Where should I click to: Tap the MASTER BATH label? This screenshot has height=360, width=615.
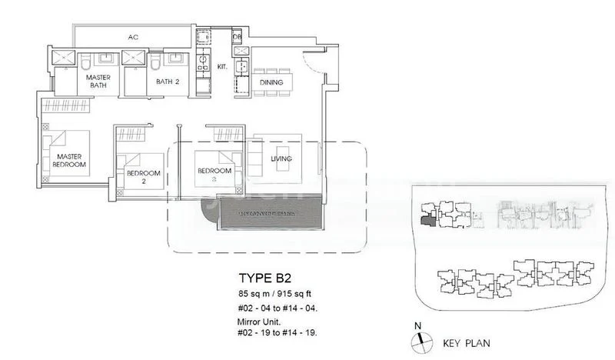click(x=98, y=82)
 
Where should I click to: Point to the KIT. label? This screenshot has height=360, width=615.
click(x=221, y=68)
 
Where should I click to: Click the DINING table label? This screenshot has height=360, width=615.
click(x=271, y=83)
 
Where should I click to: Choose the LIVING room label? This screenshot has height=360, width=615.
click(x=282, y=159)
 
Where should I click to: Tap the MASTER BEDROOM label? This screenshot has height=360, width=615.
click(x=68, y=160)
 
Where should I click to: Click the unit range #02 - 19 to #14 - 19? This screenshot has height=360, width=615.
click(x=275, y=332)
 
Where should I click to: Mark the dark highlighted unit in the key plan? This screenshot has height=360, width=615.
click(x=427, y=221)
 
